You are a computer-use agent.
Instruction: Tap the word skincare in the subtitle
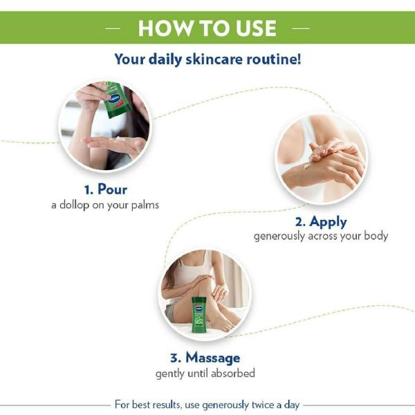point(214,59)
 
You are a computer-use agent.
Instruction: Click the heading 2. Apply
point(321,221)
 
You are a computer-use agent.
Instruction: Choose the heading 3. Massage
point(205,358)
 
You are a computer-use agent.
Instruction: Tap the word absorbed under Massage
point(234,373)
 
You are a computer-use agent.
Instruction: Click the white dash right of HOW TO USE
point(301,28)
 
